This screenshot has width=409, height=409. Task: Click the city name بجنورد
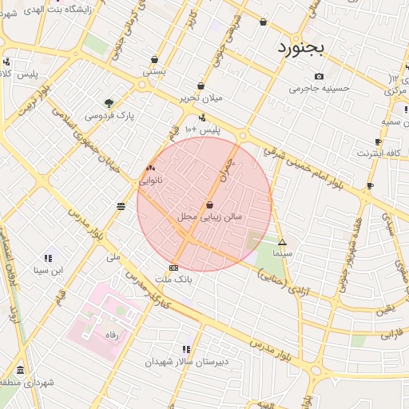click(301, 47)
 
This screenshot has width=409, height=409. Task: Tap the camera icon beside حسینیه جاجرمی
click(320, 77)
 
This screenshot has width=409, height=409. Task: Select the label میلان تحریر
click(199, 97)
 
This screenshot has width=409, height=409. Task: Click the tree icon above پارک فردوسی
click(109, 103)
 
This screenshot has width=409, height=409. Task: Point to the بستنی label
click(154, 71)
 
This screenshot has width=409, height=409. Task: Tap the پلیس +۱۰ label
click(201, 129)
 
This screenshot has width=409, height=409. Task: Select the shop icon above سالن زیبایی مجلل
click(209, 204)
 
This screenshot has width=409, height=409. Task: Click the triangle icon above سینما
click(282, 242)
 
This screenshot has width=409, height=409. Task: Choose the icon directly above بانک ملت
click(174, 268)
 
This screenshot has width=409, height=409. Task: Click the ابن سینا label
click(47, 270)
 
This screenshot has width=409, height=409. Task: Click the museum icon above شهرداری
click(20, 370)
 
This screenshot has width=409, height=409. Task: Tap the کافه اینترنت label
click(379, 152)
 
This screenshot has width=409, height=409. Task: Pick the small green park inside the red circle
click(256, 239)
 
